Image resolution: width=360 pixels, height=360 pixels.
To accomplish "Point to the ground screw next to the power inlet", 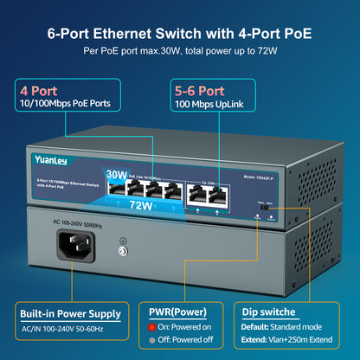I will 123,250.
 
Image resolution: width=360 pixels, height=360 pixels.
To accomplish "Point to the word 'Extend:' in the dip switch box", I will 257,342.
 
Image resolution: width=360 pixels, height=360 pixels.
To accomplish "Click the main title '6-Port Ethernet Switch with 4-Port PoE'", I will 180,34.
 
